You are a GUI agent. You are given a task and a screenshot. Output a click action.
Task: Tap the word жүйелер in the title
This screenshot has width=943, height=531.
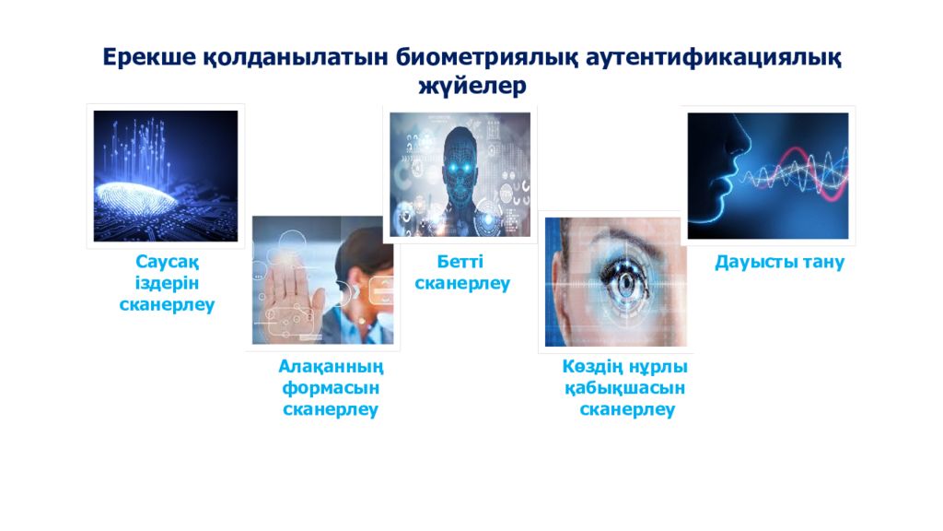[x=472, y=86]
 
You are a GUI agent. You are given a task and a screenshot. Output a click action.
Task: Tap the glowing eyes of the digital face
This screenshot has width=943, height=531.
[x=461, y=168]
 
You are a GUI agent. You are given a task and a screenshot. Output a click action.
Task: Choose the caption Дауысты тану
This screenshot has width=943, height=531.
[x=779, y=262]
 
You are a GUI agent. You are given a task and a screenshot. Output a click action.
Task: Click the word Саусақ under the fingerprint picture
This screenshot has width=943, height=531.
[x=167, y=261]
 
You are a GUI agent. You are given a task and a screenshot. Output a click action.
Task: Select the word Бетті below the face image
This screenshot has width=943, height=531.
[x=460, y=261]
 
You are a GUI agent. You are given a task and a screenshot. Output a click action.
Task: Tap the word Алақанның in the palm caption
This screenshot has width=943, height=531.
[x=331, y=366]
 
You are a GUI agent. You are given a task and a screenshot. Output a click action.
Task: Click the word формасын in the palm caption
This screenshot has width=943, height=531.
[x=331, y=388]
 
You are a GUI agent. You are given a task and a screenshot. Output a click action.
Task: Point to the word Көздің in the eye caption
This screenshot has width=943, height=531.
[x=592, y=366]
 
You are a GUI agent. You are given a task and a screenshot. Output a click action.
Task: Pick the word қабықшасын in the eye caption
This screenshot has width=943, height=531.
[x=625, y=388]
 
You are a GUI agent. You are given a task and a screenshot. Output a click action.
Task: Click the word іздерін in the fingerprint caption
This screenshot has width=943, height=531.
[x=167, y=283]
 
